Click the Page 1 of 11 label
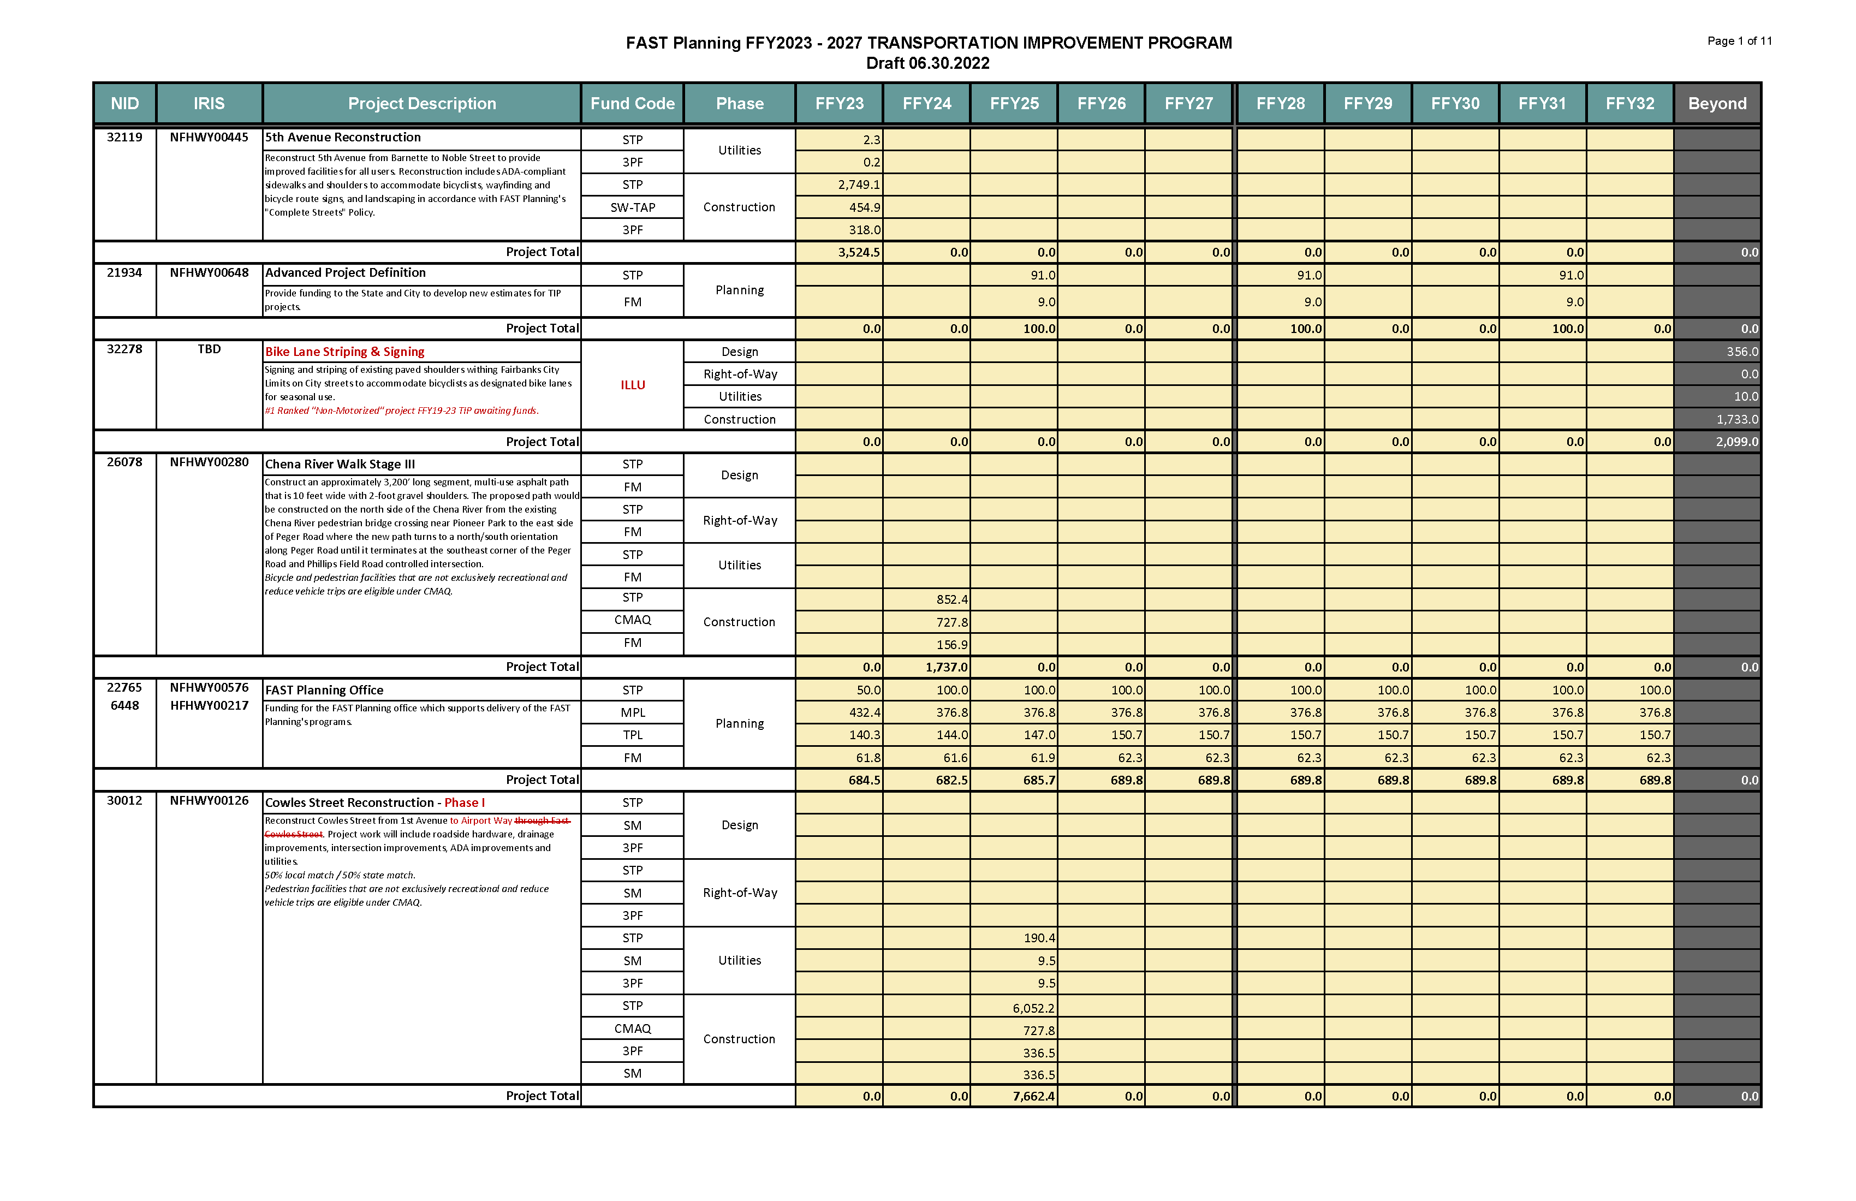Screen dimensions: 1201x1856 1739,41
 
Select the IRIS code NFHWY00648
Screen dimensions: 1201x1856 209,273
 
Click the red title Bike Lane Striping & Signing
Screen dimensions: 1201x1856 344,352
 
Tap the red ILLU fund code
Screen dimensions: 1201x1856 633,385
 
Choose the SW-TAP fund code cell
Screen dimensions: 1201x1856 633,207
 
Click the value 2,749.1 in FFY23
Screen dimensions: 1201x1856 859,185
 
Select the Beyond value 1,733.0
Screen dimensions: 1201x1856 1736,420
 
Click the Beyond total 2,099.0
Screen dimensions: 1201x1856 1736,442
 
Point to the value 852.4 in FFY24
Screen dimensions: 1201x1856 951,600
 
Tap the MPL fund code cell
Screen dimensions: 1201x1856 633,713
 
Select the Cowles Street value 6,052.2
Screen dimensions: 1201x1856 1033,1008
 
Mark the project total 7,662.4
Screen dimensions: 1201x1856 1033,1097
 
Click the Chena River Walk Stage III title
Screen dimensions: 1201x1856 340,465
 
